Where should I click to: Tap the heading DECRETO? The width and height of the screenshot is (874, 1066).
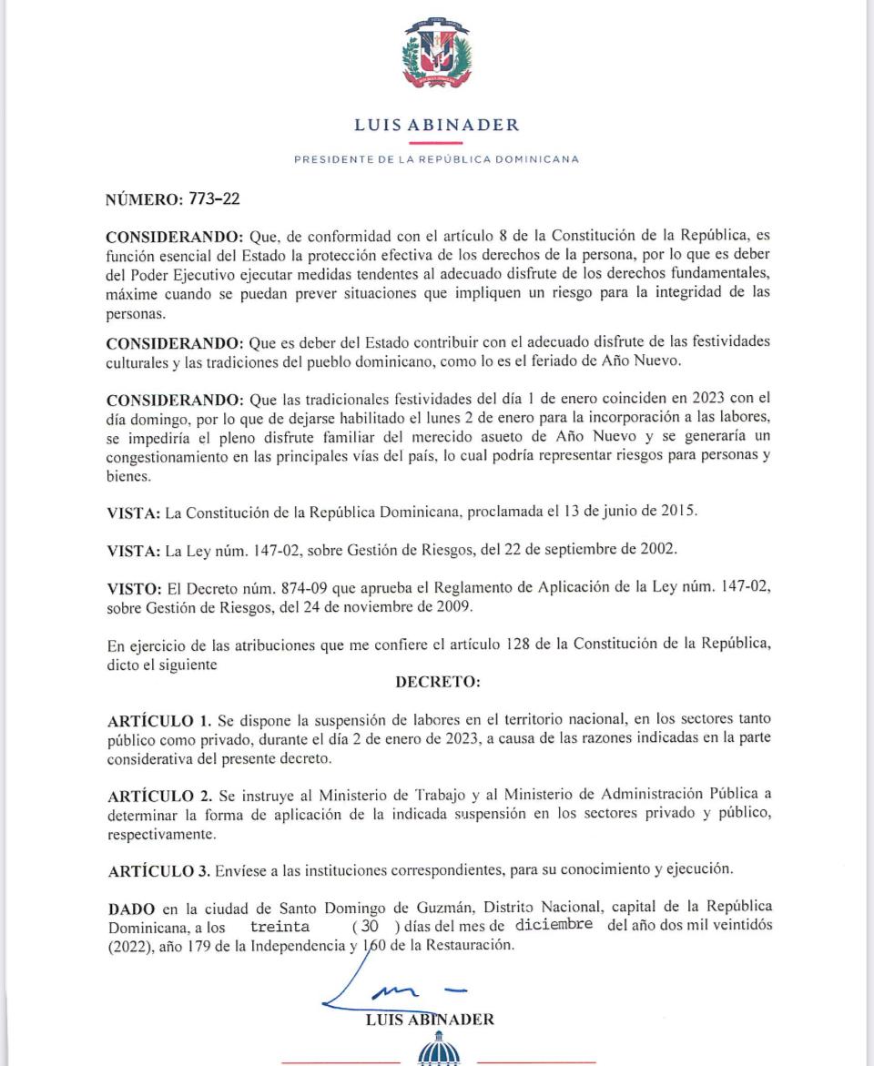tap(437, 682)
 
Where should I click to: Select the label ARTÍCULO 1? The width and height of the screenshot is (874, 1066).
tap(159, 722)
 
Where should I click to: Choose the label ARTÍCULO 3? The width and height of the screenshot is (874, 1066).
tap(159, 869)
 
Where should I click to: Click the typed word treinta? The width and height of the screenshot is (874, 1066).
tap(279, 926)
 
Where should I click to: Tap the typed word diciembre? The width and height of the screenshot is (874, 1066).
tap(554, 925)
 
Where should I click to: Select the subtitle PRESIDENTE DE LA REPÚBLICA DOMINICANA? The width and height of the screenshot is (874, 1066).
tap(437, 159)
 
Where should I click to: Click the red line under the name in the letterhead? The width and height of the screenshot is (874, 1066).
tap(437, 143)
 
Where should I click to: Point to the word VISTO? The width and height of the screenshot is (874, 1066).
tap(134, 589)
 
